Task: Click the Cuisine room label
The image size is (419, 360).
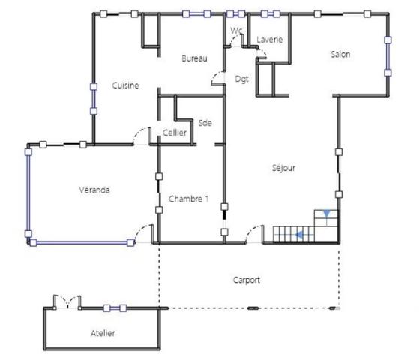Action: [x=125, y=85]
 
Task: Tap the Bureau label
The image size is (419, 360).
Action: [x=193, y=58]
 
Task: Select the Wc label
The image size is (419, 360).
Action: [x=236, y=31]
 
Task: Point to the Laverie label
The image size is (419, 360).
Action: [x=269, y=39]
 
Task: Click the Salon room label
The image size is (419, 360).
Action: [x=340, y=54]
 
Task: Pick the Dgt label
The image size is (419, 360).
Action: [x=241, y=79]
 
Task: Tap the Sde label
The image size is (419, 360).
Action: [x=205, y=123]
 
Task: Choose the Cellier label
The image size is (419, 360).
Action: [x=175, y=133]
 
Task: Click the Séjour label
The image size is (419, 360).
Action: [x=283, y=168]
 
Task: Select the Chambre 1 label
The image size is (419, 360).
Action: [x=188, y=199]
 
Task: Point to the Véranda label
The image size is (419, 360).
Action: [x=94, y=190]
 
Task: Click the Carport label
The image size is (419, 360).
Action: [x=246, y=280]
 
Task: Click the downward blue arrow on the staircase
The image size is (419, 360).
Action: [x=326, y=215]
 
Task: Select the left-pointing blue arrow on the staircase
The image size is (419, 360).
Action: [x=299, y=235]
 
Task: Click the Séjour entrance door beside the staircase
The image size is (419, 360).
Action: [x=254, y=234]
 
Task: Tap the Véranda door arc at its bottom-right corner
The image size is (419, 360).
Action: [x=142, y=233]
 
